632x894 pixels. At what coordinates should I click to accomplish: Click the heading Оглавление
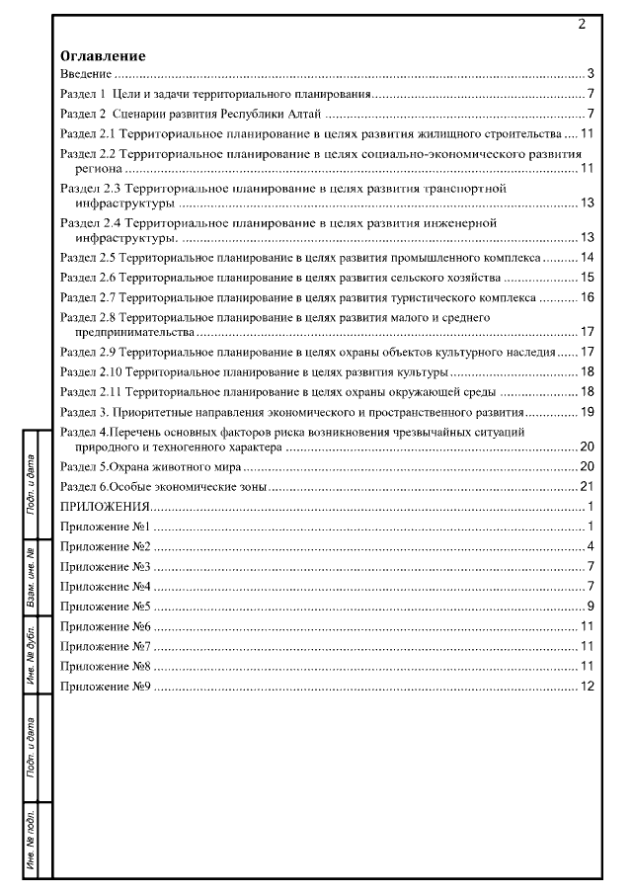click(x=103, y=56)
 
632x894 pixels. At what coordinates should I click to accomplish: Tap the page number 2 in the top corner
click(x=582, y=23)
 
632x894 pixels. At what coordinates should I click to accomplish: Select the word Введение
click(x=84, y=75)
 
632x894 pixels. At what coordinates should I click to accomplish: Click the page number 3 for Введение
click(x=589, y=74)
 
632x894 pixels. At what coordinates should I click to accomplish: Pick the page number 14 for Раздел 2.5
click(x=586, y=257)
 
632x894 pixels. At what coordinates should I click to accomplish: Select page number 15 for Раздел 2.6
click(x=586, y=278)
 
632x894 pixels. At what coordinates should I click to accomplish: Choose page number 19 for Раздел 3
click(x=586, y=411)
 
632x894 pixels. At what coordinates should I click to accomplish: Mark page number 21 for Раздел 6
click(x=586, y=486)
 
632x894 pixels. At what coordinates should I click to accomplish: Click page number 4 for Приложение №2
click(x=589, y=546)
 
